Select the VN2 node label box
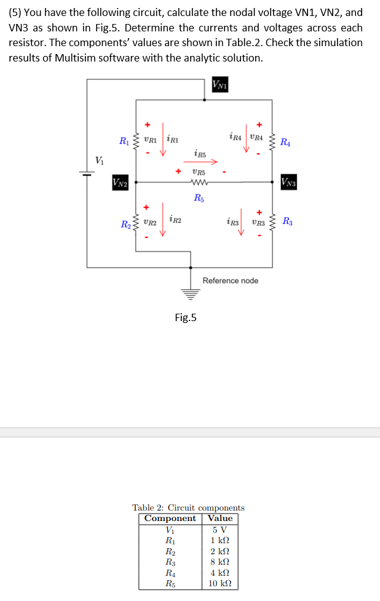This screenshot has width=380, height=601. coord(120,182)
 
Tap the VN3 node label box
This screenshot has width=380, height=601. coord(289,182)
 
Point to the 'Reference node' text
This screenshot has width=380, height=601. coord(231,281)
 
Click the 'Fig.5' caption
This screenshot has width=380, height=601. coord(186,317)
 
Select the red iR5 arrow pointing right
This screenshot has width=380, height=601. coord(200,163)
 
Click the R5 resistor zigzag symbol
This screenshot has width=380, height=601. coord(200,182)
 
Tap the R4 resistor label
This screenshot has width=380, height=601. coord(286,143)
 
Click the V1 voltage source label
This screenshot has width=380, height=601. coord(100,161)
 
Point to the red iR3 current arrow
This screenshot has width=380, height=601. coord(242,226)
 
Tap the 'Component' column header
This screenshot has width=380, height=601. coord(170,518)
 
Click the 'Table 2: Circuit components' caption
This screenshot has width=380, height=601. coord(188,507)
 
